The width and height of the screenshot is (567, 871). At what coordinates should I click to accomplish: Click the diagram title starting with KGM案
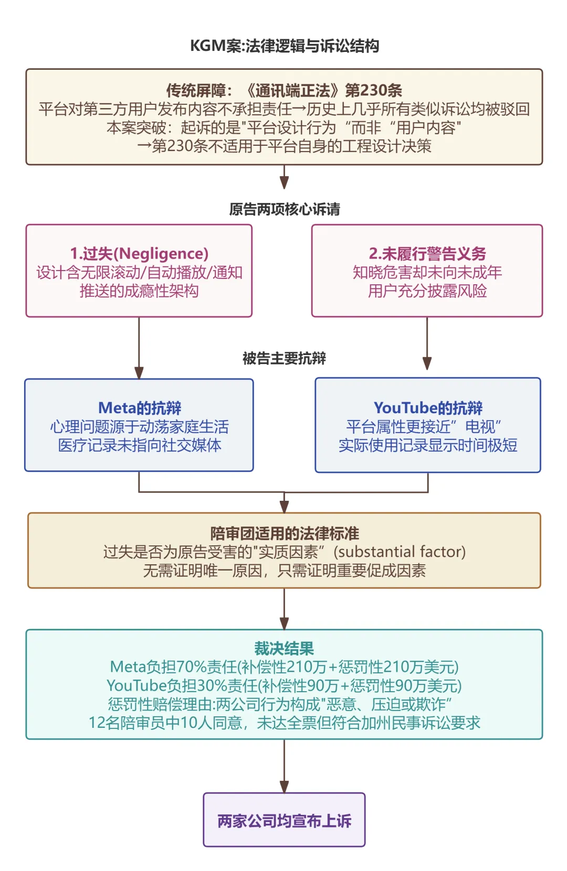click(284, 46)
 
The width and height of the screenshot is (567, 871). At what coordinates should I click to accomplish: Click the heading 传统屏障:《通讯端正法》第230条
click(284, 90)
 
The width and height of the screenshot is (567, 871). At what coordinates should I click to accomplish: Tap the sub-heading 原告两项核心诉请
click(284, 209)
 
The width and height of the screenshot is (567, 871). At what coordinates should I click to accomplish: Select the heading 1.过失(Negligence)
click(139, 254)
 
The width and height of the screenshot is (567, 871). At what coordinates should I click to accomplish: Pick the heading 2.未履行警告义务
click(427, 254)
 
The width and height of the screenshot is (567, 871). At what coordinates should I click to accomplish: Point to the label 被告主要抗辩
click(284, 358)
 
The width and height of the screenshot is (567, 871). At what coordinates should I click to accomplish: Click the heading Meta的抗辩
click(139, 408)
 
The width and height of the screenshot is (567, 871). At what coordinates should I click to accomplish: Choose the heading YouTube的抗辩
click(428, 407)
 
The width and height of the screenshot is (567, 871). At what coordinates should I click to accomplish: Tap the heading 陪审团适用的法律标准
click(284, 533)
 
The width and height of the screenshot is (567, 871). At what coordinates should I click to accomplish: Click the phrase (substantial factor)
click(400, 552)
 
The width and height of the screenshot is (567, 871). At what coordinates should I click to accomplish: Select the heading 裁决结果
click(284, 649)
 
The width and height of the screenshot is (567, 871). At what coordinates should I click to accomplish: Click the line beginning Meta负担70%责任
click(284, 667)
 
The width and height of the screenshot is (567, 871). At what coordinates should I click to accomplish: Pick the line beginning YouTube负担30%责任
click(284, 685)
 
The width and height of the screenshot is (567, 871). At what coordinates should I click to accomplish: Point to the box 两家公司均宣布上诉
click(284, 821)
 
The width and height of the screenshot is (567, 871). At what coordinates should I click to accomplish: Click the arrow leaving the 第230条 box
click(284, 177)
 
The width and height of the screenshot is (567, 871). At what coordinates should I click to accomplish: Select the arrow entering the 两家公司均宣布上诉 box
click(284, 766)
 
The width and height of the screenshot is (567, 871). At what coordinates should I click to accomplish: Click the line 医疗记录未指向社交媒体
click(139, 445)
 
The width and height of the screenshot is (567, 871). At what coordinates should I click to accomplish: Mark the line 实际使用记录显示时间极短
click(428, 445)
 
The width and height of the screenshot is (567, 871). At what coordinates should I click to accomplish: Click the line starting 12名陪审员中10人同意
click(284, 723)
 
